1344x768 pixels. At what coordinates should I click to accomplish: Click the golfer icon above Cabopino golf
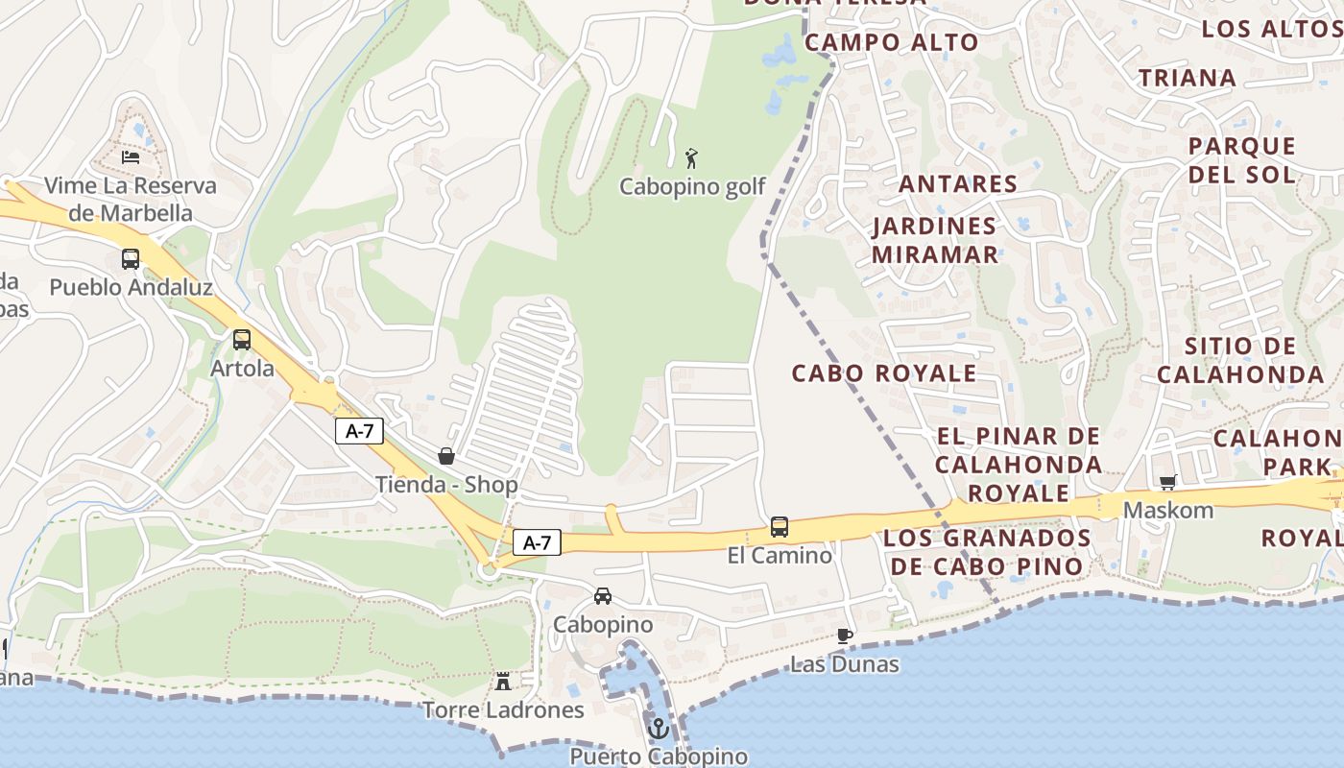point(691,158)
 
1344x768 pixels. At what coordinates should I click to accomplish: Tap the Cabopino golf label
point(692,186)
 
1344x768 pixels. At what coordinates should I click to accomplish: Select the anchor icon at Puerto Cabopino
point(658,730)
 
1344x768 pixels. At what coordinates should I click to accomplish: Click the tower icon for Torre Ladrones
point(502,682)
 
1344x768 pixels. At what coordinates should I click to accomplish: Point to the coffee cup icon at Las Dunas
point(844,636)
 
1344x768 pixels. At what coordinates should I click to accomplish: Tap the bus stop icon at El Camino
point(780,527)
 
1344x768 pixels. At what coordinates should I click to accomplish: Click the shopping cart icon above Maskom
point(1167,482)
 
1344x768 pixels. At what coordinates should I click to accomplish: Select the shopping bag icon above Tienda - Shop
point(446,456)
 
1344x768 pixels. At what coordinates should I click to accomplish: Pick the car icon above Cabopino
point(603,596)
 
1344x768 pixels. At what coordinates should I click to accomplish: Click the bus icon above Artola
point(242,340)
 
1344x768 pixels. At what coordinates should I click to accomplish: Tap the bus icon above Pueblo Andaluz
point(131,259)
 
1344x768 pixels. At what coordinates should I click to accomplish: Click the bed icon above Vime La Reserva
point(131,156)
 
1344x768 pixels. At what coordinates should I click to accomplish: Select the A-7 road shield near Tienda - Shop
point(359,432)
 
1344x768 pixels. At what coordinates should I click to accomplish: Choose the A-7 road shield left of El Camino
point(537,542)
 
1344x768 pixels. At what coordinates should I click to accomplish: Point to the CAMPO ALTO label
point(891,42)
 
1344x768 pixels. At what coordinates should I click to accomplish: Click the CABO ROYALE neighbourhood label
point(883,372)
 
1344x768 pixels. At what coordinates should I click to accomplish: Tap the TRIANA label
point(1187,79)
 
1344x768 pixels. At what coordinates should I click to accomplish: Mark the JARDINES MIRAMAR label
point(935,240)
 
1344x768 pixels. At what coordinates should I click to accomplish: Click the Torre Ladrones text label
point(504,710)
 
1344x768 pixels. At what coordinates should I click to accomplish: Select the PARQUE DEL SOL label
point(1242,160)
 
